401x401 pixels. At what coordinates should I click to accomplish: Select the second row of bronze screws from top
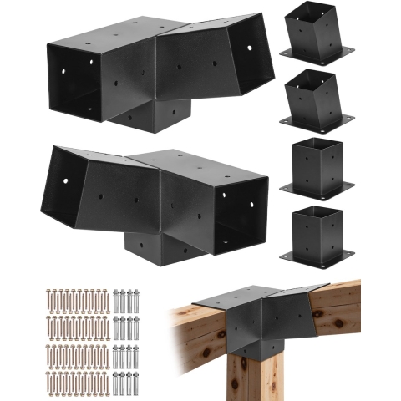tap(74, 326)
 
